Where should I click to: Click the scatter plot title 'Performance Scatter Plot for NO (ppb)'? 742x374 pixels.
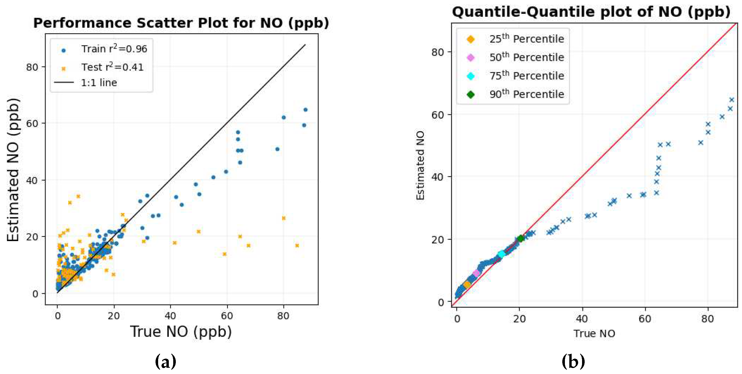pyautogui.click(x=181, y=23)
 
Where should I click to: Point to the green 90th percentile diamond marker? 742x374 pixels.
pyautogui.click(x=520, y=238)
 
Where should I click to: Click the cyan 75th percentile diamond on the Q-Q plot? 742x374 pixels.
pyautogui.click(x=501, y=254)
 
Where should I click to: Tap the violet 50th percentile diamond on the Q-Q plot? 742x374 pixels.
pyautogui.click(x=476, y=273)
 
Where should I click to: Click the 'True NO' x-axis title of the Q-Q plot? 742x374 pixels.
pyautogui.click(x=594, y=333)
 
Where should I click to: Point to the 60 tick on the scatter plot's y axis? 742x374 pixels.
pyautogui.click(x=32, y=123)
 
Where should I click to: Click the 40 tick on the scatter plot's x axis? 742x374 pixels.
pyautogui.click(x=170, y=316)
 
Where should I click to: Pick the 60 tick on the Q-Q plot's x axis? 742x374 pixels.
pyautogui.click(x=645, y=319)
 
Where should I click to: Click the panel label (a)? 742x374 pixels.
pyautogui.click(x=165, y=361)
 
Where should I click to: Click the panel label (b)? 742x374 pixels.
pyautogui.click(x=573, y=361)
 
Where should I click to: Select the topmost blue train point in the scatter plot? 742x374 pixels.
pyautogui.click(x=305, y=110)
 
